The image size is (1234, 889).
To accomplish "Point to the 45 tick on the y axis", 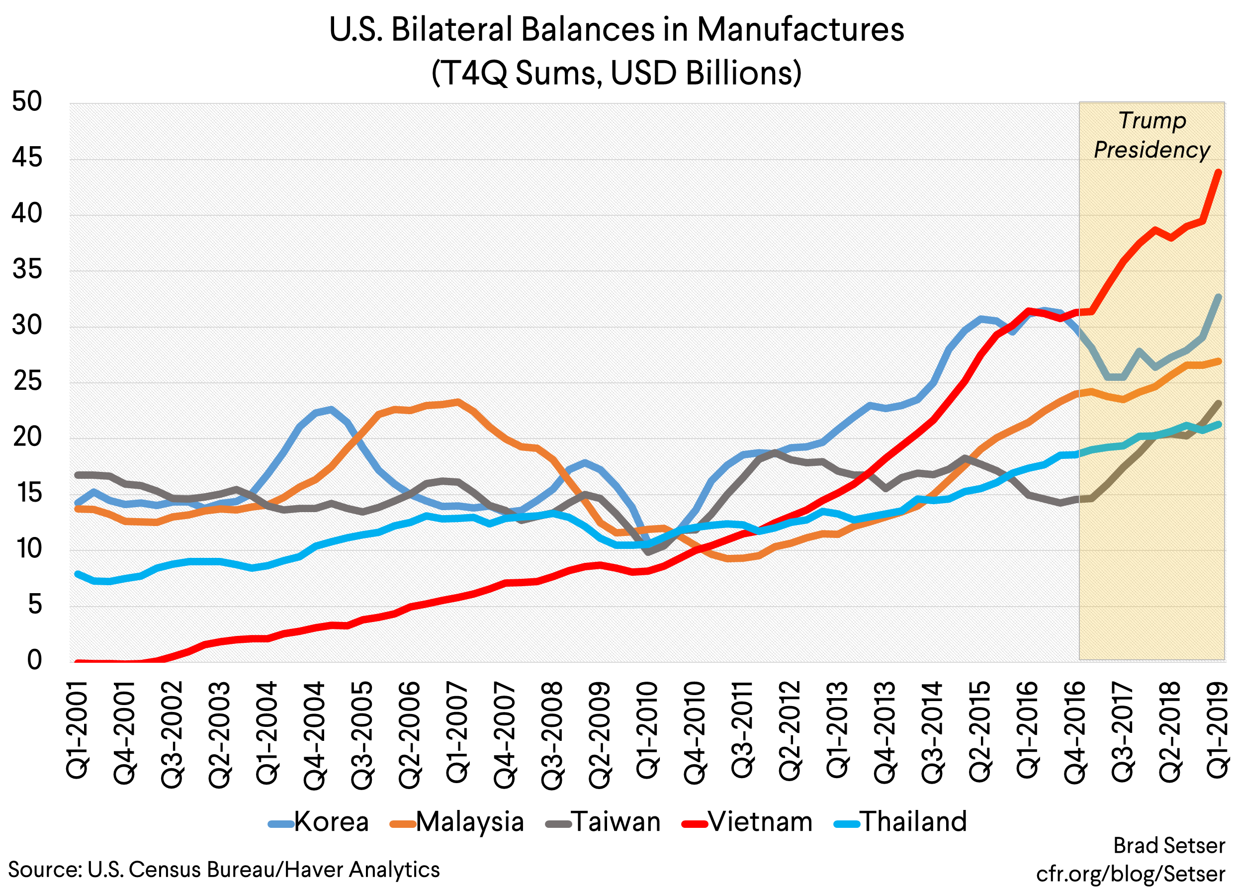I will (x=27, y=158).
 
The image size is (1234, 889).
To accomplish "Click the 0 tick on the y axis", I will (x=34, y=659).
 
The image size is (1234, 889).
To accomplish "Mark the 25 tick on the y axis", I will (x=27, y=381).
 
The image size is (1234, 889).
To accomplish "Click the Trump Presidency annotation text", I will (x=1152, y=135).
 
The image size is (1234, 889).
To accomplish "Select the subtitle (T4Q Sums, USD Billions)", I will (x=617, y=73).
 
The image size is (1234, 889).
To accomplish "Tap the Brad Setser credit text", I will (x=1169, y=845).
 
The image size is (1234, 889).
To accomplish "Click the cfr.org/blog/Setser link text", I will (x=1130, y=874).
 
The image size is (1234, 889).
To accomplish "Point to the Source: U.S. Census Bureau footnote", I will (x=224, y=870).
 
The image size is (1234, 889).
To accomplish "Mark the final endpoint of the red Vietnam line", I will (x=1218, y=173).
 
